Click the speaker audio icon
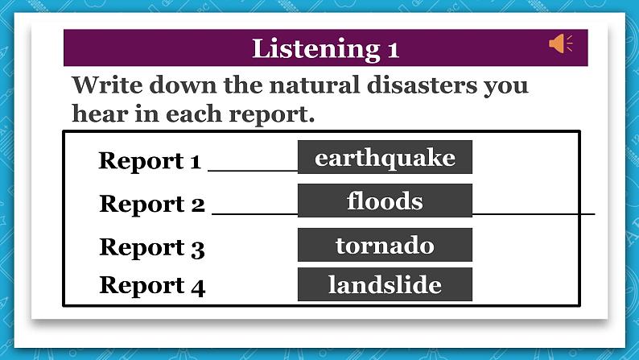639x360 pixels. tap(560, 43)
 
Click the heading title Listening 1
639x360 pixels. tap(325, 48)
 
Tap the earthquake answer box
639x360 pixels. tap(385, 158)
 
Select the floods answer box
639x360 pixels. tap(385, 201)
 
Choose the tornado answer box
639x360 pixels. tap(385, 245)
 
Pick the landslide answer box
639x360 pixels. tap(385, 284)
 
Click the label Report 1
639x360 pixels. tap(150, 161)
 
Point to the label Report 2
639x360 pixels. tap(152, 205)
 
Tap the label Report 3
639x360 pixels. tap(152, 247)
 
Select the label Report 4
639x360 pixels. tap(152, 286)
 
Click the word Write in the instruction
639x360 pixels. tap(105, 85)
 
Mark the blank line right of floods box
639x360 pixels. tap(533, 213)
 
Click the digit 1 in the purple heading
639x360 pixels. tap(393, 49)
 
